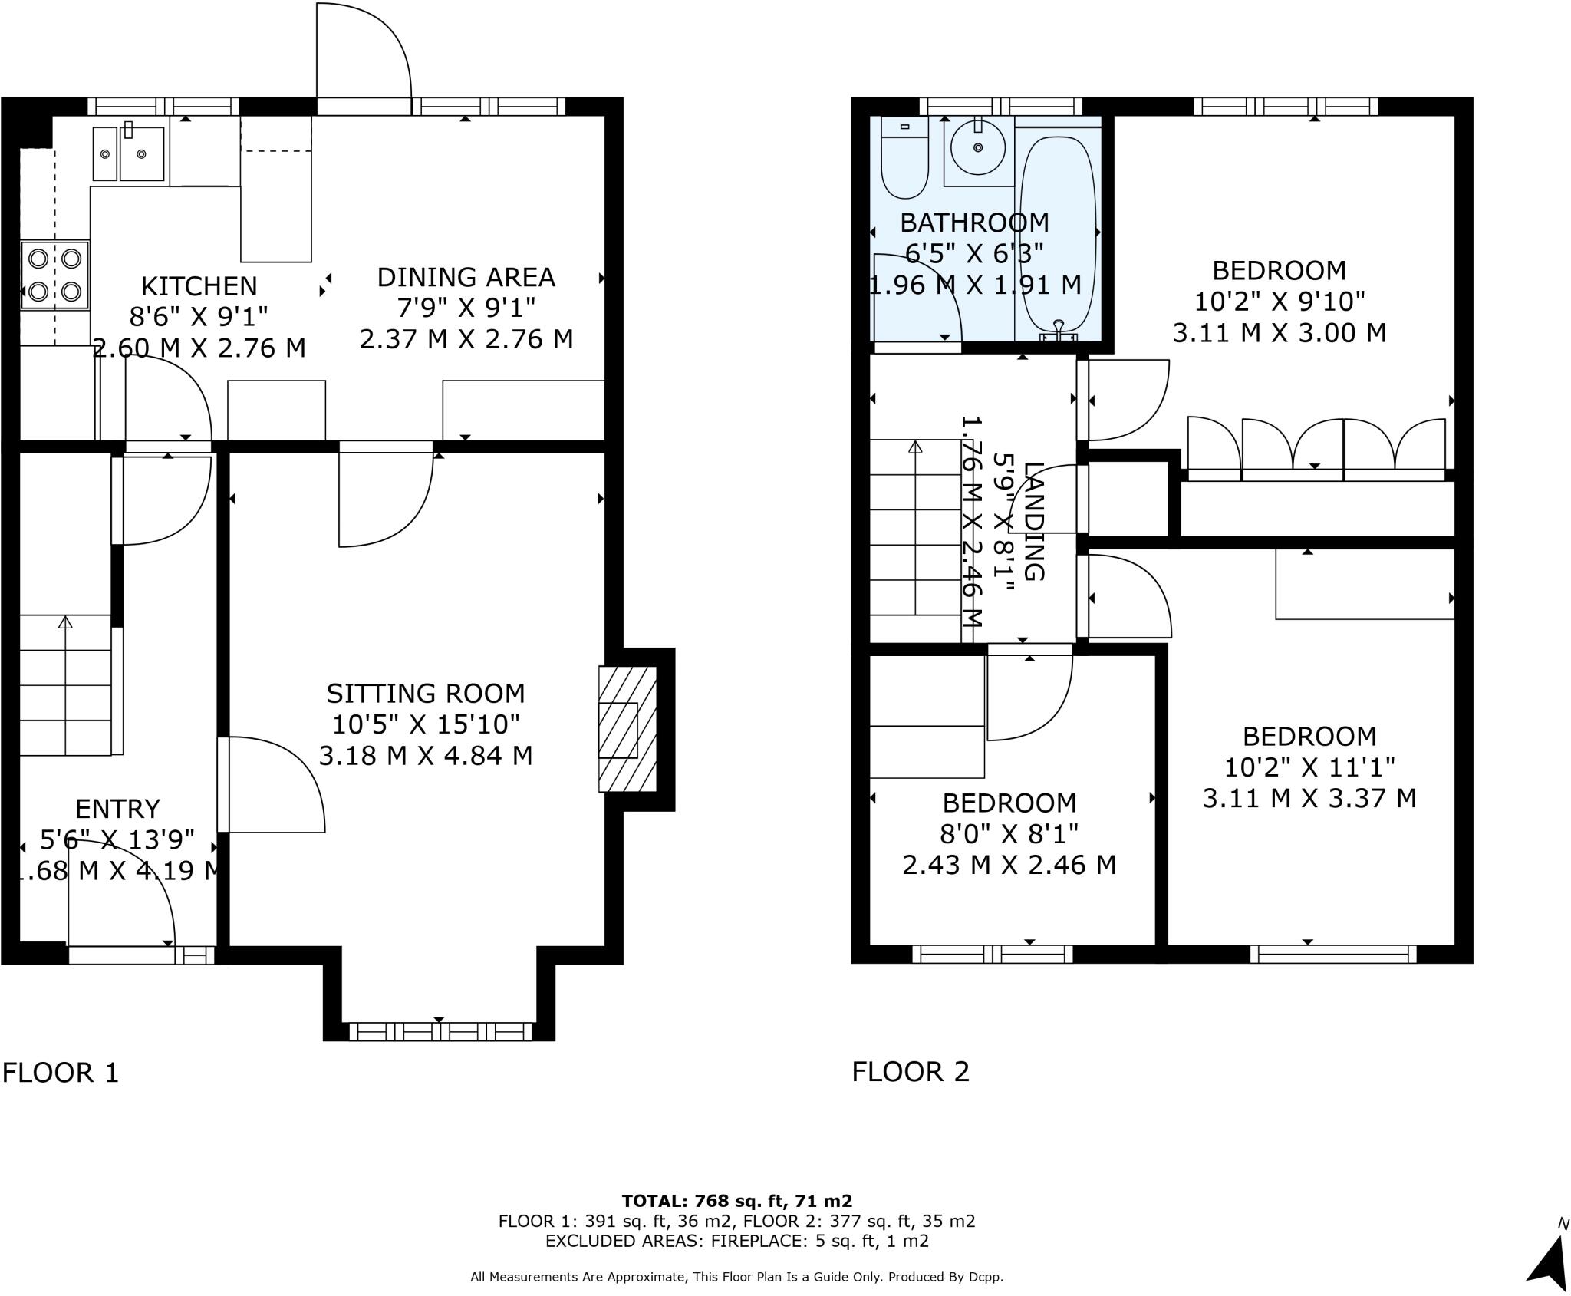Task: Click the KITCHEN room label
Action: point(199,286)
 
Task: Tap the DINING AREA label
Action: point(466,277)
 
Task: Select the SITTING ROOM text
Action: point(426,694)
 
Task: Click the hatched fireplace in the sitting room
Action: point(627,729)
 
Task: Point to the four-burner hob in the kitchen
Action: point(54,275)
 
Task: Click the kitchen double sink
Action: point(129,153)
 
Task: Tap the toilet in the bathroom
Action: point(904,158)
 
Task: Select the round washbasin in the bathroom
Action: point(978,147)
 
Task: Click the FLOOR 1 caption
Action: point(61,1072)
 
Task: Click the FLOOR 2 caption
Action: point(911,1071)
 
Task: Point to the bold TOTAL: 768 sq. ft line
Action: point(736,1201)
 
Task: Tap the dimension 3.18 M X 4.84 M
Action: point(426,756)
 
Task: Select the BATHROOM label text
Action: point(974,223)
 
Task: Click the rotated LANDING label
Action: point(1033,522)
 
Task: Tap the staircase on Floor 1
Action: point(66,684)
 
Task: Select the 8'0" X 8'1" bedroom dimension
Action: point(1009,833)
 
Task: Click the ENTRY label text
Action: point(117,809)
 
